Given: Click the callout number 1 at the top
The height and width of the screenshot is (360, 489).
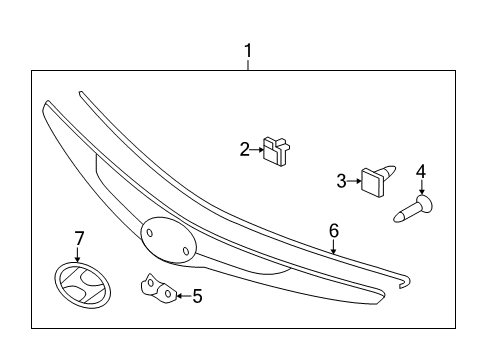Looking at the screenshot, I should pos(248,48).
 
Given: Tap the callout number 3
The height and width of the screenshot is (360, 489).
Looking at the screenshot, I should pos(341,181).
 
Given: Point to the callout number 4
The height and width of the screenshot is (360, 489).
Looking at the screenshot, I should pos(421,172).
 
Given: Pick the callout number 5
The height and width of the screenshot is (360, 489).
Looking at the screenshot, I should pos(197,295).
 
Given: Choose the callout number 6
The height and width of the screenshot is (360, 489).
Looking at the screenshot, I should pos(333,231).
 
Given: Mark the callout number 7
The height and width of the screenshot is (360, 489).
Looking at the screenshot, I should pos(80,238).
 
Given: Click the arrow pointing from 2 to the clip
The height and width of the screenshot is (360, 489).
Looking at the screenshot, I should pos(257,151).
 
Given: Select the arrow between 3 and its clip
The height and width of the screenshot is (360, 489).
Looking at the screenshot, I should pos(355,181).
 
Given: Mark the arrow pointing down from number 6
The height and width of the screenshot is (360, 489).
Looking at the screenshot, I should pos(333,246).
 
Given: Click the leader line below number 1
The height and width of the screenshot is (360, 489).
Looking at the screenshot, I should pos(248,62).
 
